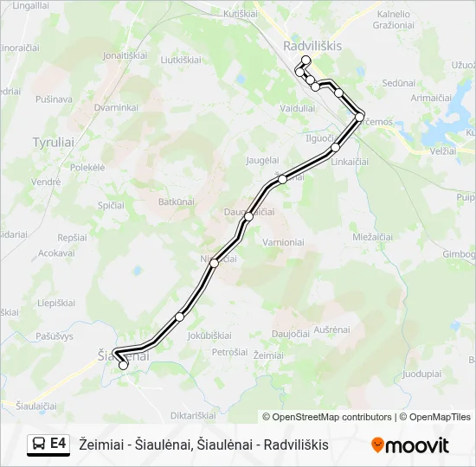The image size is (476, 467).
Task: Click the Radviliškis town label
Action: pyautogui.click(x=312, y=46)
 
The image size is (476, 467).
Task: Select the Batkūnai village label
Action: pyautogui.click(x=177, y=201)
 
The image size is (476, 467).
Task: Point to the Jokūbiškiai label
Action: pyautogui.click(x=209, y=335)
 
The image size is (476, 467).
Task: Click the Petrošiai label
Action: pyautogui.click(x=230, y=352)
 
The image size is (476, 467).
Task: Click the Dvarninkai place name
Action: pyautogui.click(x=116, y=107)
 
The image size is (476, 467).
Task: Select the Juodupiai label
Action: pyautogui.click(x=422, y=374)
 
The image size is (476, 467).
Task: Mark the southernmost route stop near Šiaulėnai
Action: pyautogui.click(x=123, y=365)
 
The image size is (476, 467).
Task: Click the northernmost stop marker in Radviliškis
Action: pyautogui.click(x=306, y=60)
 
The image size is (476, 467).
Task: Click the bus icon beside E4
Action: pyautogui.click(x=38, y=444)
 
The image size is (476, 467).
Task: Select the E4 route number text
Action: pyautogui.click(x=58, y=444)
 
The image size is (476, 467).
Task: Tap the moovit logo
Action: pyautogui.click(x=410, y=445)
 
